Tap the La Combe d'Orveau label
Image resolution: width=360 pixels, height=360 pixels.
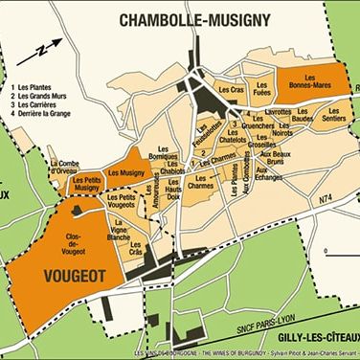(x=71, y=165)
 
